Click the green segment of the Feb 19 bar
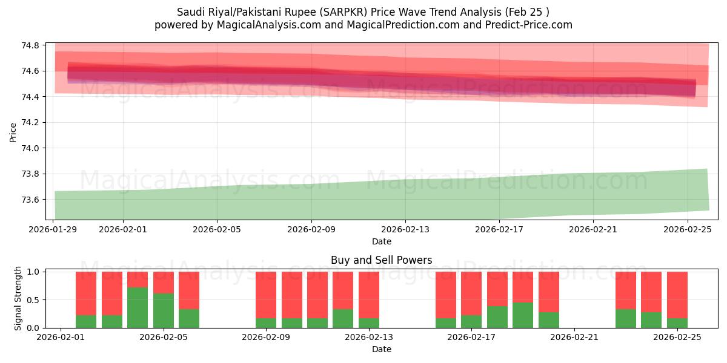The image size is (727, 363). [523, 315]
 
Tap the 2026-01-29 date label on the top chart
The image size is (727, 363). [53, 229]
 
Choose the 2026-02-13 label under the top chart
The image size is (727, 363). [405, 229]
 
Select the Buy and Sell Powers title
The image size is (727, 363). [381, 261]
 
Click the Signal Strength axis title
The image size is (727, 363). [18, 298]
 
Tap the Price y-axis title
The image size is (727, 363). [13, 132]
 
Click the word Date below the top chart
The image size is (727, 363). [381, 241]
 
